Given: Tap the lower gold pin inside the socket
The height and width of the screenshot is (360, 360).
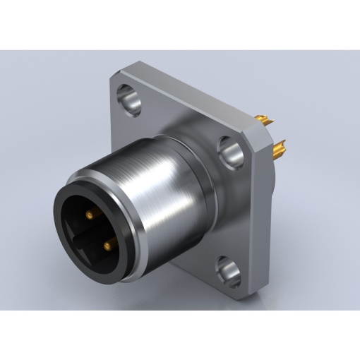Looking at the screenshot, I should [x=108, y=244].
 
